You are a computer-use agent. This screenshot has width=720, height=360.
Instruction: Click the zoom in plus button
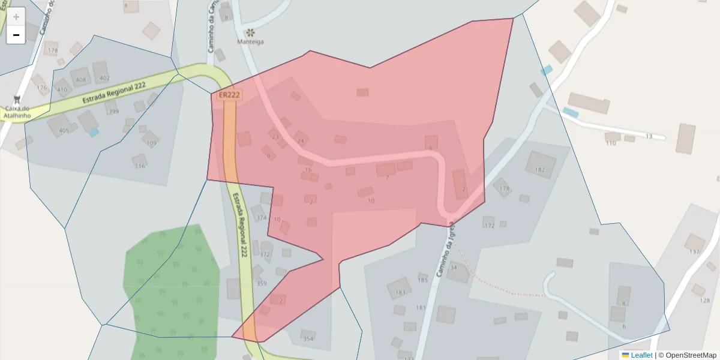pyautogui.click(x=16, y=17)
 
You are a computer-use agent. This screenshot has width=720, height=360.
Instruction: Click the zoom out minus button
pyautogui.click(x=16, y=35)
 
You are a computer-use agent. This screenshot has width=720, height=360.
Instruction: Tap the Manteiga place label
pyautogui.click(x=250, y=41)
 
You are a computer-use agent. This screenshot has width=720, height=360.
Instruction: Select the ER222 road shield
pyautogui.click(x=229, y=95)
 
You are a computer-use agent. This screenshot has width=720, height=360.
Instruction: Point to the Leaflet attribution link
pyautogui.click(x=641, y=355)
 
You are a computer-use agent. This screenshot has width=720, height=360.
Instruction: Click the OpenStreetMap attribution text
pyautogui.click(x=690, y=355)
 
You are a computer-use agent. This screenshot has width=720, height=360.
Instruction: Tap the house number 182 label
pyautogui.click(x=539, y=170)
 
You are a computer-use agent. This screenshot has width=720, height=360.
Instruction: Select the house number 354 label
pyautogui.click(x=308, y=339)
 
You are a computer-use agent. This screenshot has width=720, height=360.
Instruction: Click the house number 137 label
pyautogui.click(x=694, y=251)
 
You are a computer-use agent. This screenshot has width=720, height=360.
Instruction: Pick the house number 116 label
pyautogui.click(x=140, y=166)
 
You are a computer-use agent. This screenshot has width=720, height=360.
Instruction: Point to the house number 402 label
pyautogui.click(x=104, y=78)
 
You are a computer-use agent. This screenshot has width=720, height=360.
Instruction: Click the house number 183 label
pyautogui.click(x=400, y=293)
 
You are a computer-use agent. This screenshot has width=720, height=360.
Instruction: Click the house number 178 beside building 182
pyautogui.click(x=504, y=188)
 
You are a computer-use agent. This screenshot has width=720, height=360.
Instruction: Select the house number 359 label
pyautogui.click(x=262, y=283)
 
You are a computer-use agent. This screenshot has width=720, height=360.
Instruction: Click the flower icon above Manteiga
pyautogui.click(x=250, y=31)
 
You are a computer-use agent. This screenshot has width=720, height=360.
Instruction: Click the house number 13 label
pyautogui.click(x=649, y=136)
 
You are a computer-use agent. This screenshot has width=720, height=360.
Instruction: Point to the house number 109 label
pyautogui.click(x=151, y=143)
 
